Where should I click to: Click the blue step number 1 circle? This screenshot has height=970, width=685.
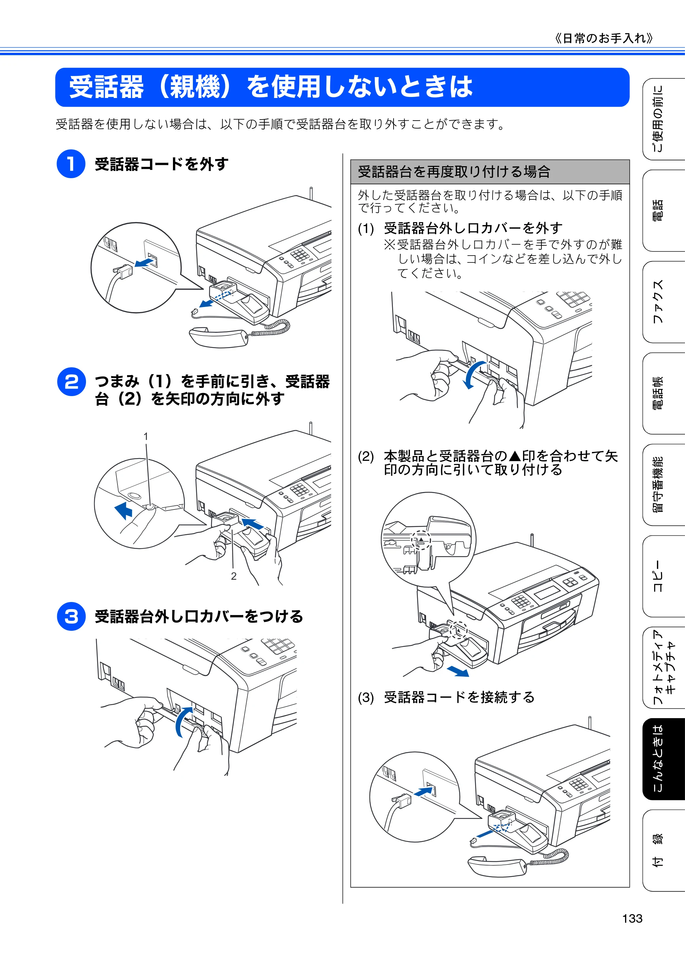(x=71, y=164)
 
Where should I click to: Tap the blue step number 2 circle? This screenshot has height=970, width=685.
(x=71, y=382)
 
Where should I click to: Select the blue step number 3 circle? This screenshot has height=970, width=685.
(x=71, y=616)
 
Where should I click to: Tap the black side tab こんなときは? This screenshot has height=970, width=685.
(x=663, y=759)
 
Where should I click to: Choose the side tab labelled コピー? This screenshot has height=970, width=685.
(x=663, y=576)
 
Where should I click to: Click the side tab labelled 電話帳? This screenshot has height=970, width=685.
(x=663, y=393)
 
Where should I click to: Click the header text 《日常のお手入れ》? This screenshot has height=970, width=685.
(x=604, y=38)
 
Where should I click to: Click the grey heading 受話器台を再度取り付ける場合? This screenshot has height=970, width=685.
(x=454, y=172)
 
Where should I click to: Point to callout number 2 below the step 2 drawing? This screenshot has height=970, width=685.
(x=234, y=576)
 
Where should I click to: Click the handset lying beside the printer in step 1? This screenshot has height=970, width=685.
(x=219, y=337)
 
